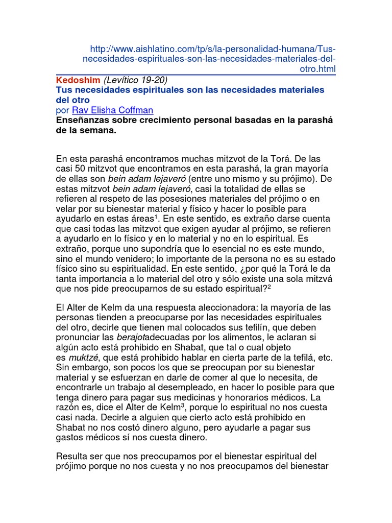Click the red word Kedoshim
point(78,80)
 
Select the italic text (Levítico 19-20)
point(135,80)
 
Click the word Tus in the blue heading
point(63,90)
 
